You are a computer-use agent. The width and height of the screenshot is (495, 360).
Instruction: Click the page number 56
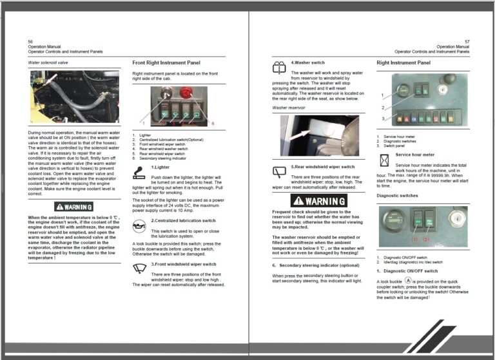[30, 42]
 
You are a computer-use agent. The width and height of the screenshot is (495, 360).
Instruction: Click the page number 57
[467, 42]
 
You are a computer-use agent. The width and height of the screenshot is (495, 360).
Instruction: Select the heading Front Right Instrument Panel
[166, 62]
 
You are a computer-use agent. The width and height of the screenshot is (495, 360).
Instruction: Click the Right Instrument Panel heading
[403, 62]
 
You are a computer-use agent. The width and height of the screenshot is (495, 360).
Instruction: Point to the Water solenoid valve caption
[48, 62]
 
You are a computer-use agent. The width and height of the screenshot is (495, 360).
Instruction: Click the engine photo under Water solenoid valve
[73, 97]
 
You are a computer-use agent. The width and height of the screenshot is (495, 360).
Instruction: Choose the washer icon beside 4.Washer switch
[280, 66]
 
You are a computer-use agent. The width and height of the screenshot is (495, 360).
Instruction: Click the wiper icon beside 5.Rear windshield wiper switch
[280, 171]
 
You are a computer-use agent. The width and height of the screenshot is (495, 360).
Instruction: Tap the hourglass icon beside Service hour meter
[384, 160]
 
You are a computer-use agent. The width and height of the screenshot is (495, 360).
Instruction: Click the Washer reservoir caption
[288, 108]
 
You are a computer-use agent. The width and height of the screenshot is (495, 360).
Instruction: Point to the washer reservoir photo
[318, 136]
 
